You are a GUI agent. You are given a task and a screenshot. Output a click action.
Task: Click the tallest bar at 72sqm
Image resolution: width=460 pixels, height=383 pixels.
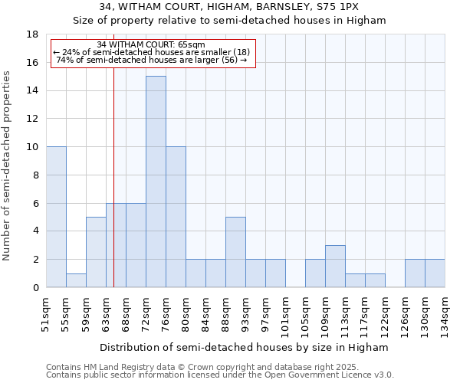click(x=156, y=182)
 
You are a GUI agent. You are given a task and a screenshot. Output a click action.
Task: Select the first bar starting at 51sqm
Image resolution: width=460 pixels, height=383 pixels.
click(x=56, y=217)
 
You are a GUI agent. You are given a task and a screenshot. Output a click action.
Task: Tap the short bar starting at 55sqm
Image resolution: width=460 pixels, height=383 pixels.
click(x=76, y=280)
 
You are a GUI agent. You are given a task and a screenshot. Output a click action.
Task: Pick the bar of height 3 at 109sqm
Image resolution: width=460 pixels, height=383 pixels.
click(x=335, y=266)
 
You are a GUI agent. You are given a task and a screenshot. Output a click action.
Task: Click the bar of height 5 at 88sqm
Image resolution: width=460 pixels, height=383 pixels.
click(x=235, y=252)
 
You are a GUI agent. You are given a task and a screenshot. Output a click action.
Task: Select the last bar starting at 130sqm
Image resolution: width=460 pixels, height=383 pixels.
click(x=435, y=273)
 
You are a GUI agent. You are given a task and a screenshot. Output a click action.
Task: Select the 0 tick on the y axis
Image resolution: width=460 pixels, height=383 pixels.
click(x=35, y=287)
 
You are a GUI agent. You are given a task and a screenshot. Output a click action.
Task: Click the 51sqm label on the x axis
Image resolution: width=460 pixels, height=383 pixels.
click(x=46, y=313)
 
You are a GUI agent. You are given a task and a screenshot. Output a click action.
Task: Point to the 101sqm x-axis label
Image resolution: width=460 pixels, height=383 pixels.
click(x=285, y=315)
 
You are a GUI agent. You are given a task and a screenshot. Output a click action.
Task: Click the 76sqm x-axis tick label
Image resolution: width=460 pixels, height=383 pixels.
click(x=166, y=313)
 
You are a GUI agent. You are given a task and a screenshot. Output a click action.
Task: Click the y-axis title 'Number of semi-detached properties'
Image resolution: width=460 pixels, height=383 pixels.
click(x=8, y=165)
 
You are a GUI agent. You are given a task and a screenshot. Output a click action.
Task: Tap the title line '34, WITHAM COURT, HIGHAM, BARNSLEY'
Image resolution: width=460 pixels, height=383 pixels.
click(x=229, y=7)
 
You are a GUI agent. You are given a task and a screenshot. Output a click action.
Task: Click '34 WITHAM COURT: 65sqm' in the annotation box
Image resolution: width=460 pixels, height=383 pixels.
click(x=151, y=45)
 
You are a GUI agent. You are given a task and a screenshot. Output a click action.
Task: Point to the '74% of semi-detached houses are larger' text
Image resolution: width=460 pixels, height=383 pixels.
click(x=151, y=60)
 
